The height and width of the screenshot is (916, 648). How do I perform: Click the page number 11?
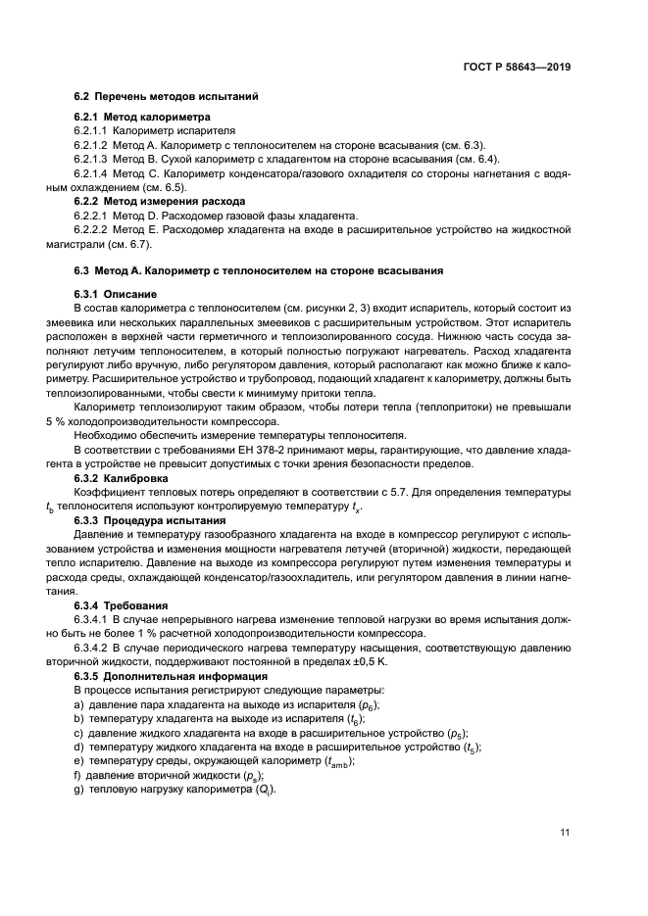565,833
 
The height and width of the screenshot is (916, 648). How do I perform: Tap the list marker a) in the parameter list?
78,704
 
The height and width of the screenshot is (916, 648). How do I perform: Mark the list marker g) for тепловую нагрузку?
78,790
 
